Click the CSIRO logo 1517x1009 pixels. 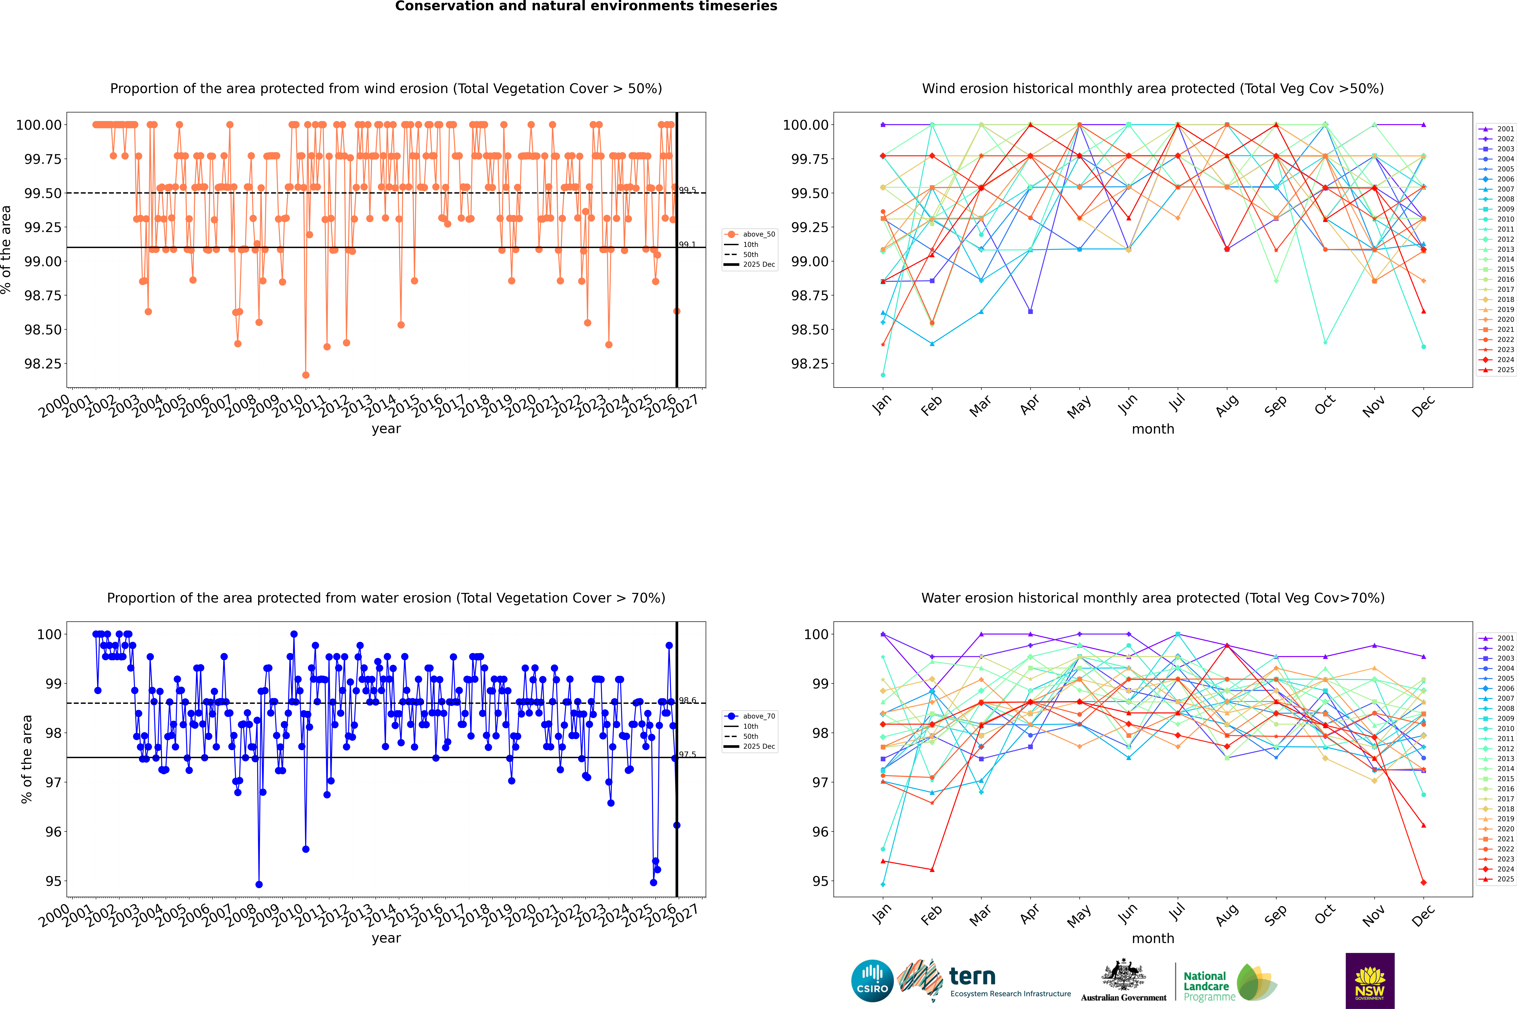[872, 981]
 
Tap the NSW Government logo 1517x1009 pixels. [1370, 981]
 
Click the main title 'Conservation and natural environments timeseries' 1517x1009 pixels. [586, 6]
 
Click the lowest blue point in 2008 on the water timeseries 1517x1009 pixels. [259, 884]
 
